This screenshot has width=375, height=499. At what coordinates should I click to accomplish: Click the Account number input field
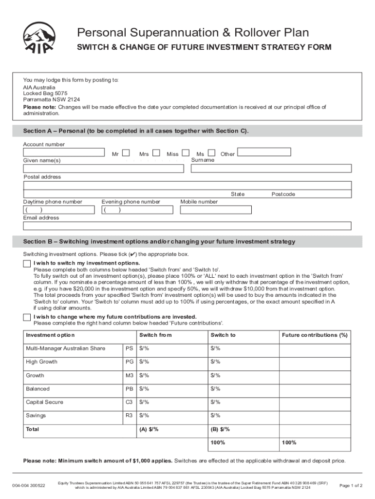[x=64, y=153]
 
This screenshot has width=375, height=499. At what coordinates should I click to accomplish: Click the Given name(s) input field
[x=103, y=169]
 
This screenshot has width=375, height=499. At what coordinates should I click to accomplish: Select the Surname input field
[x=271, y=169]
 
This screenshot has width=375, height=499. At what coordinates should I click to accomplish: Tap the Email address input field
[x=187, y=226]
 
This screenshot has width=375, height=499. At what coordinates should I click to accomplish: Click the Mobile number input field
[x=216, y=210]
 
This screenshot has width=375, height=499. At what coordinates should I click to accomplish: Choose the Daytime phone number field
[x=59, y=210]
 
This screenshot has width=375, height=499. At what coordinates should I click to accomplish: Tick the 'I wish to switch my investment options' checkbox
[x=27, y=264]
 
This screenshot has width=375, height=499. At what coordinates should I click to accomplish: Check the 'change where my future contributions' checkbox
[x=27, y=317]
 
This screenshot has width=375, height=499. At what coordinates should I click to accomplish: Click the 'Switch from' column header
[x=155, y=335]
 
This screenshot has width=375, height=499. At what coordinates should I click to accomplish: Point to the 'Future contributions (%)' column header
[x=315, y=335]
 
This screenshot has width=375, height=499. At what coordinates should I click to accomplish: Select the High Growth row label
[x=42, y=362]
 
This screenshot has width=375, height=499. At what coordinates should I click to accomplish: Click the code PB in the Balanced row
[x=129, y=389]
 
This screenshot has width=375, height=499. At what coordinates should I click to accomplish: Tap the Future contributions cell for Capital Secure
[x=315, y=403]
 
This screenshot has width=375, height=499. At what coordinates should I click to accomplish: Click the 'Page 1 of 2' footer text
[x=351, y=485]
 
